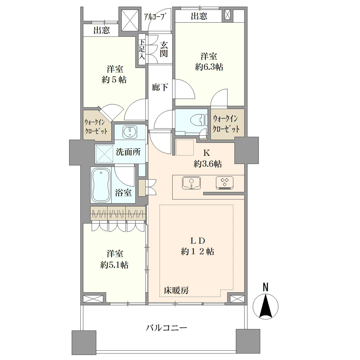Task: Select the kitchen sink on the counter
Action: pos(191,183)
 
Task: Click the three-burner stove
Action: pos(225,183)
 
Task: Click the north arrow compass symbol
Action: pos(265,306)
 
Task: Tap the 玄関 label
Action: pos(164,49)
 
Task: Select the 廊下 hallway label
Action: pos(160,87)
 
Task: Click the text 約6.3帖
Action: pos(209,67)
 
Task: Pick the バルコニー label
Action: pos(166,328)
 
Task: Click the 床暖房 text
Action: pos(176,291)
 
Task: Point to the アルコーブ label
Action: pos(155,17)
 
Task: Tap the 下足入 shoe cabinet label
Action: pos(142,49)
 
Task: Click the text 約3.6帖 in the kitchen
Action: pos(208,164)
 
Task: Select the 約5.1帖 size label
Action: pos(114,265)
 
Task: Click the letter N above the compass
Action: pos(266,287)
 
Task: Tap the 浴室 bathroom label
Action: pos(123,193)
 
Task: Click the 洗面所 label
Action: pos(128,152)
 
